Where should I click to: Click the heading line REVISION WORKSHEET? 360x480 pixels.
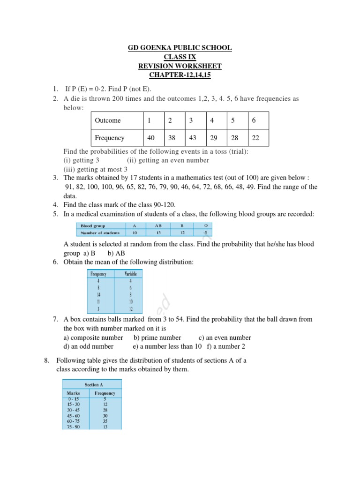(180, 66)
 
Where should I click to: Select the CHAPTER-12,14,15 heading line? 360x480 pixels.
(180, 75)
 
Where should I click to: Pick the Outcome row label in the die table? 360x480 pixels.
(108, 120)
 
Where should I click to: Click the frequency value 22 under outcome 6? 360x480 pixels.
(256, 138)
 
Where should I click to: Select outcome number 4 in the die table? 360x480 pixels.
(212, 120)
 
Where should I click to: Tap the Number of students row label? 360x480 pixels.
(100, 232)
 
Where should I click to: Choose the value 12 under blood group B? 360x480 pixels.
(182, 232)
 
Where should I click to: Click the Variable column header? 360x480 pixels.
(131, 274)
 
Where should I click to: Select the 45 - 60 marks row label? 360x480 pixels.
(74, 415)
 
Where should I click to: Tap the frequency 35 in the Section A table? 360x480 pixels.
(105, 421)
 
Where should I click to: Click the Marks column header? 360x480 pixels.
(74, 393)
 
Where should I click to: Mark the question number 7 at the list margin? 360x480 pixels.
(55, 319)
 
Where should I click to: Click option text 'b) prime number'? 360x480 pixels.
(157, 337)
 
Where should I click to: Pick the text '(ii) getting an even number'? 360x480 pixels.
(168, 160)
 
